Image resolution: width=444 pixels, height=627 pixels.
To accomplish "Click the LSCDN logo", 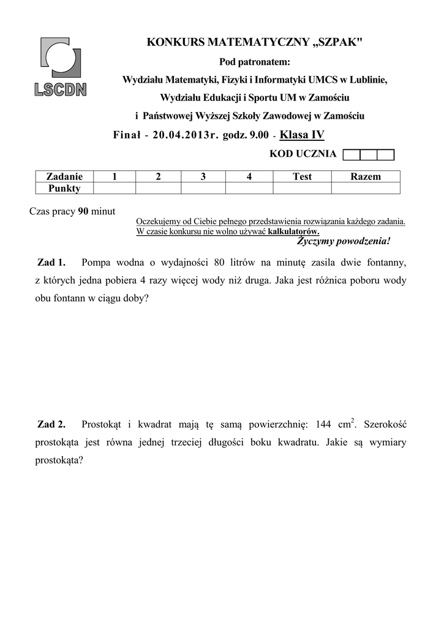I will pyautogui.click(x=61, y=67).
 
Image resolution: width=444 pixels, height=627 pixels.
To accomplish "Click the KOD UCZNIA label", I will pyautogui.click(x=303, y=154).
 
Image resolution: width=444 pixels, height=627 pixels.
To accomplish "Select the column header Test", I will pyautogui.click(x=302, y=176).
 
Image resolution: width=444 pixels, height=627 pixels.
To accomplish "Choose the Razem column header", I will pyautogui.click(x=365, y=176).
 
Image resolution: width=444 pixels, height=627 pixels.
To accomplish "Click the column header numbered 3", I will pyautogui.click(x=203, y=176).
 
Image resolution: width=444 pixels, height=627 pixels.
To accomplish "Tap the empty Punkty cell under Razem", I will pyautogui.click(x=365, y=188).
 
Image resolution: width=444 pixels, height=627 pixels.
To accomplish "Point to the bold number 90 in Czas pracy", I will pyautogui.click(x=83, y=211).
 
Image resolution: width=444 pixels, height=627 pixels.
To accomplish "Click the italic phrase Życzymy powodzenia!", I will pyautogui.click(x=343, y=241).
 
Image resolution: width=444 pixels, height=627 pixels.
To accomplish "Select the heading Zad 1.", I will pyautogui.click(x=51, y=263).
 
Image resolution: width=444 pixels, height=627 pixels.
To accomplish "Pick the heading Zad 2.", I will pyautogui.click(x=51, y=424).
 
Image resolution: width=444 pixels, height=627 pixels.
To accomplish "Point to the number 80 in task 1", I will pyautogui.click(x=220, y=263).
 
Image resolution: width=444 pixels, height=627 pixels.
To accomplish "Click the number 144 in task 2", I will pyautogui.click(x=323, y=424).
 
